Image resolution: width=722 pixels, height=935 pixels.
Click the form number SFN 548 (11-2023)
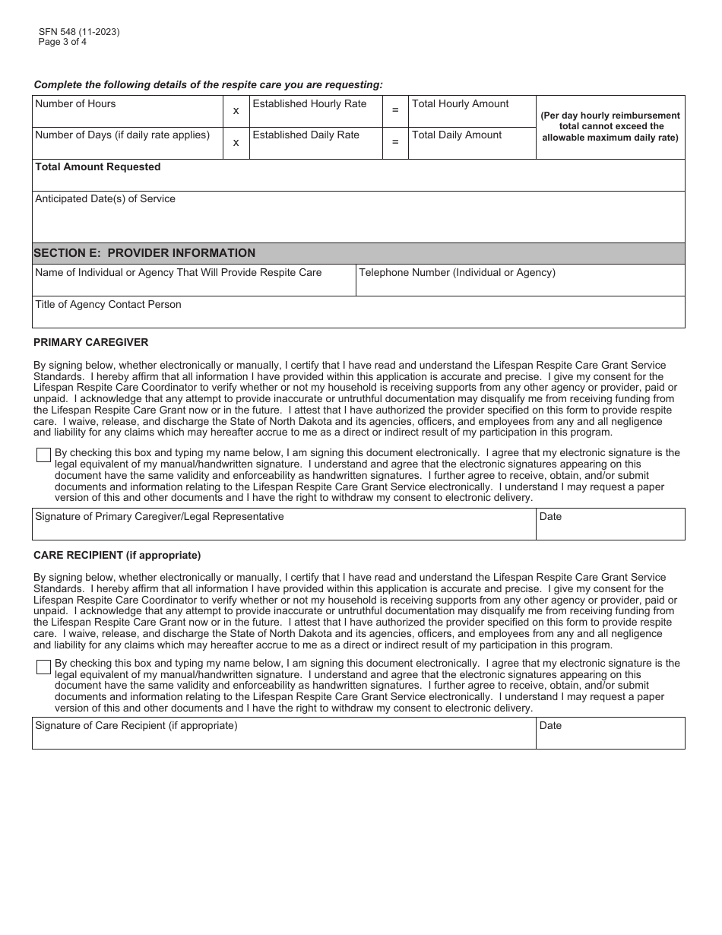click(78, 32)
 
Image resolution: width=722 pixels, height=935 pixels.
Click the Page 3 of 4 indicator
click(62, 42)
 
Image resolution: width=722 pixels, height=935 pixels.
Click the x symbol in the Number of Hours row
click(236, 111)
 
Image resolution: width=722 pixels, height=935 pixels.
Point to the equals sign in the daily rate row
click(394, 142)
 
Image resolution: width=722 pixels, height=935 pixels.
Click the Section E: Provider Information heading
click(144, 253)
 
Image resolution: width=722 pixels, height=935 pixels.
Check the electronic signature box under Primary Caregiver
click(43, 455)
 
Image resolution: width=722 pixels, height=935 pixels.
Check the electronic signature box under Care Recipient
click(43, 667)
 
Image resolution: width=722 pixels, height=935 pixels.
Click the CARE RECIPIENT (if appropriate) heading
click(117, 555)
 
